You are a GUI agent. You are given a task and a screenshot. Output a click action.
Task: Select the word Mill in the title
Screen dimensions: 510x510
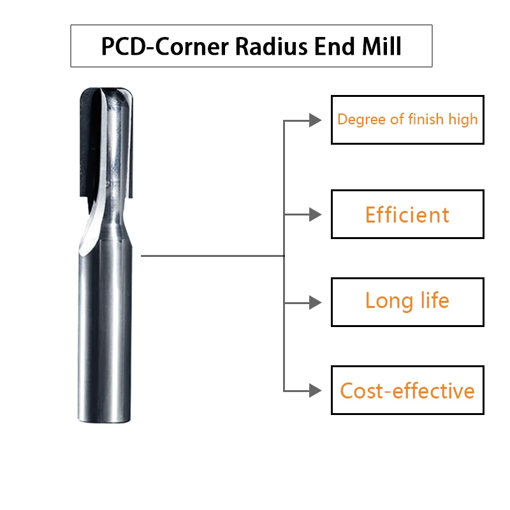(381, 47)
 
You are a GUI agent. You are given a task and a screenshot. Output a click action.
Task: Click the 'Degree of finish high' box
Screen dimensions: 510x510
(407, 119)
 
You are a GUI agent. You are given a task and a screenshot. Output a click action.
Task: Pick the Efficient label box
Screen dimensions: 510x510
(407, 214)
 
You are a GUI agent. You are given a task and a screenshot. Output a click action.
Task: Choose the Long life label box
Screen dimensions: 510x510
(407, 302)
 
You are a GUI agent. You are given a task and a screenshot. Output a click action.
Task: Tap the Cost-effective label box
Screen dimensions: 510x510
(407, 390)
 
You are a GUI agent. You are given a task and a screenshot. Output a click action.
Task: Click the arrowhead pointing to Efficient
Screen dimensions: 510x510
(315, 215)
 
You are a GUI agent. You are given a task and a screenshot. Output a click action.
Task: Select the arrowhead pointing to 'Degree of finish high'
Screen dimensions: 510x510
(315, 120)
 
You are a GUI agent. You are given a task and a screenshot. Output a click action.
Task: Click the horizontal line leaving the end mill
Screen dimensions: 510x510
(210, 256)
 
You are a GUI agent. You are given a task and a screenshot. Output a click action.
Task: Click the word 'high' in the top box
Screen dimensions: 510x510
(462, 119)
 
